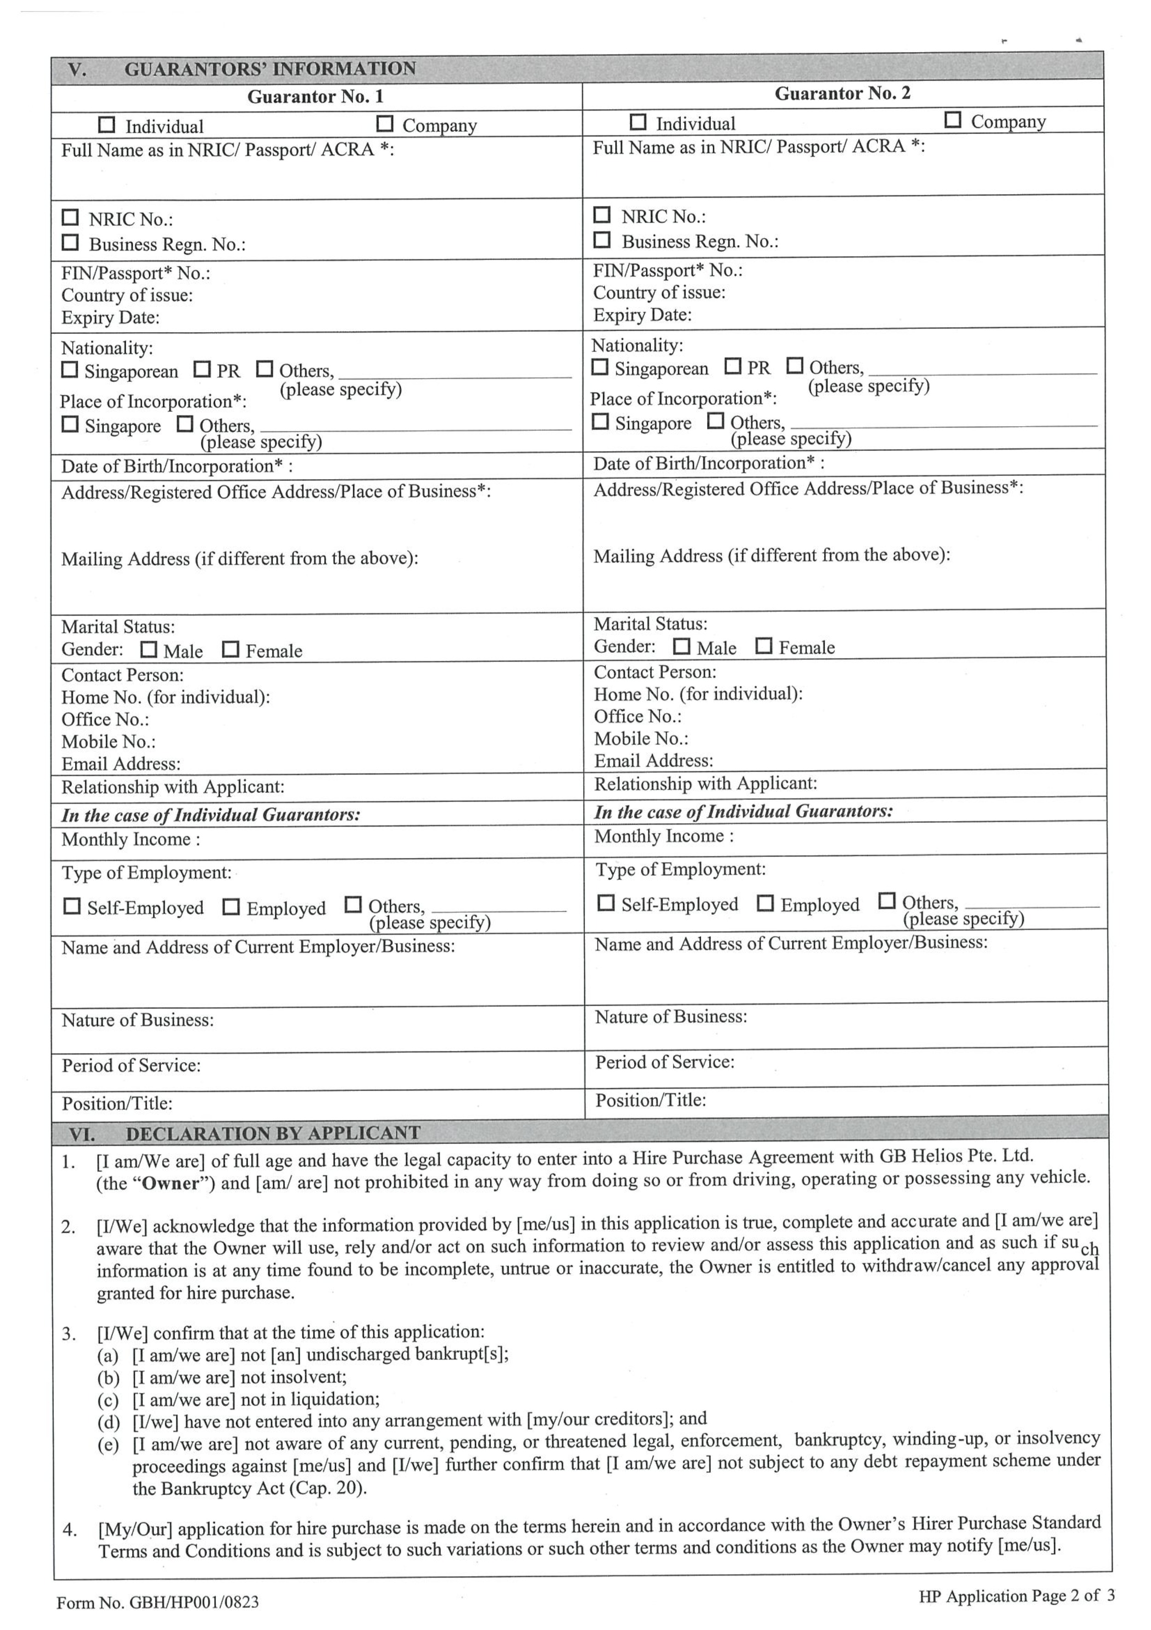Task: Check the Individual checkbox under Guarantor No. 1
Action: pos(106,125)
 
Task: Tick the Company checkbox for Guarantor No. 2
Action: pos(953,120)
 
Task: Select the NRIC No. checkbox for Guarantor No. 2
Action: pos(602,214)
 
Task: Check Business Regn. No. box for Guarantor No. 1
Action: pos(70,243)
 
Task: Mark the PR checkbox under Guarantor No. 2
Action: pos(733,366)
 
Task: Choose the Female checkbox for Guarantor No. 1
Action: pos(231,649)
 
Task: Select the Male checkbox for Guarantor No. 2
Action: pos(682,646)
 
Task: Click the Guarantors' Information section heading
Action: pos(270,69)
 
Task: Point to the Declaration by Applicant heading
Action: pos(273,1133)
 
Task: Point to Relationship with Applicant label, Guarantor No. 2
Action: pos(705,784)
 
